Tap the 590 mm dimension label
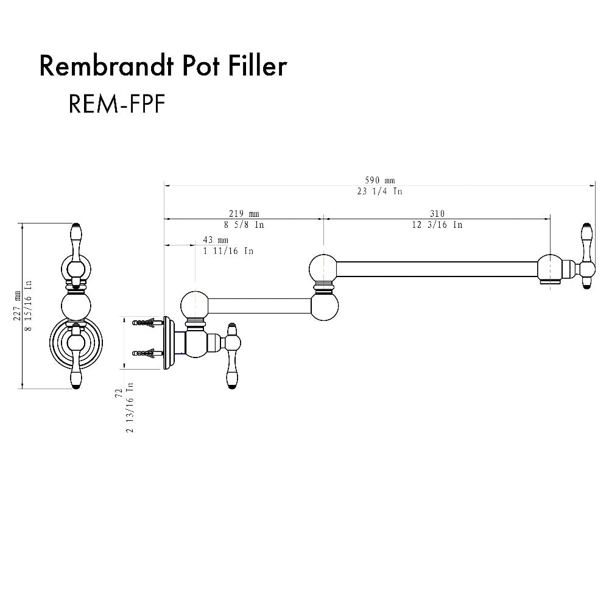tap(380, 180)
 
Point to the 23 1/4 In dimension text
tap(380, 191)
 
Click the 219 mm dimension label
tap(244, 214)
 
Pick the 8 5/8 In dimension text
tap(244, 225)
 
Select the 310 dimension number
tap(437, 214)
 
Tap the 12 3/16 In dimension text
tap(437, 225)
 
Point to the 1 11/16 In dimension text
tap(228, 251)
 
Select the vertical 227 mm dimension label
tap(16, 304)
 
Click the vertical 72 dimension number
tap(119, 393)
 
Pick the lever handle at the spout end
tap(586, 255)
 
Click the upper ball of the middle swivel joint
tap(323, 267)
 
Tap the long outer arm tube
tap(435, 269)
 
